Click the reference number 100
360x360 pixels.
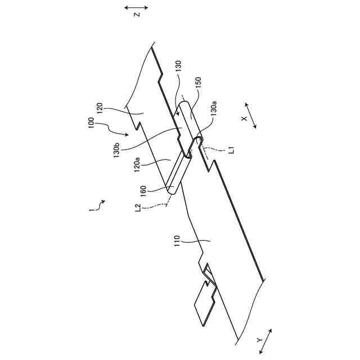point(91,123)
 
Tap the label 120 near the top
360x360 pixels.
point(99,108)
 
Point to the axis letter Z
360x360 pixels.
point(136,15)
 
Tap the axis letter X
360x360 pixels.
point(244,119)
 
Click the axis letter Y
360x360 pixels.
point(259,340)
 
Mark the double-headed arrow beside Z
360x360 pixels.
point(136,7)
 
